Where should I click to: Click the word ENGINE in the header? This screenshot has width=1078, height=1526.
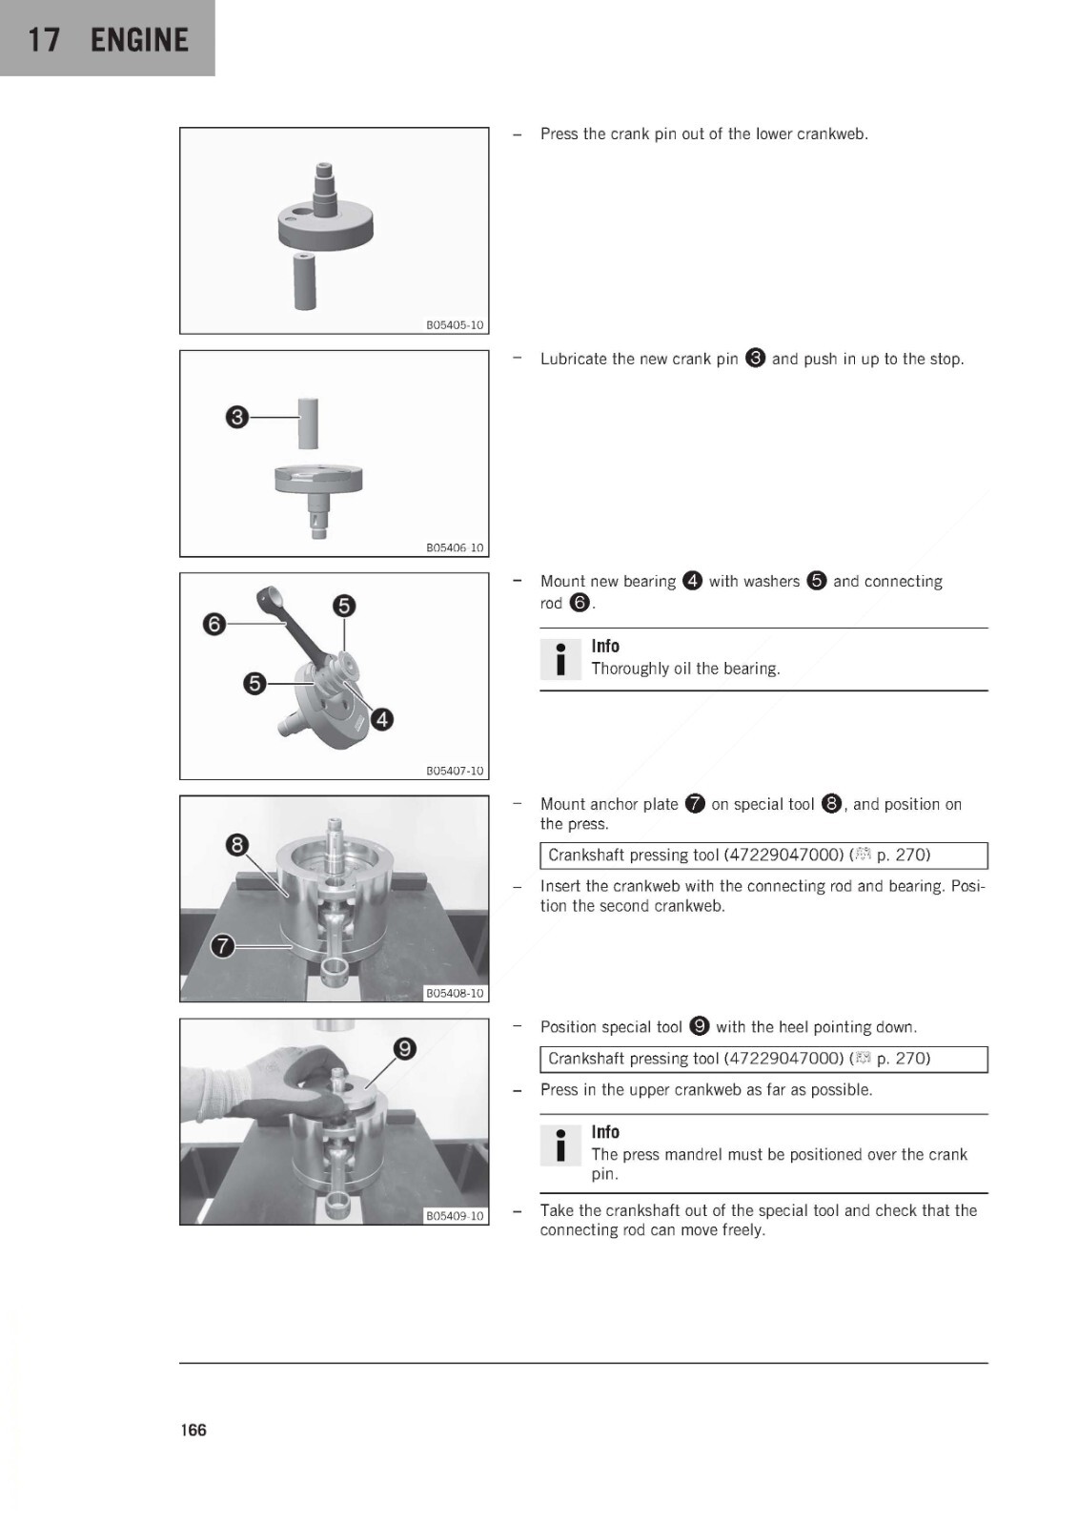pos(139,40)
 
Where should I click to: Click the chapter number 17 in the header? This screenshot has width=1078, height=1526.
pos(44,40)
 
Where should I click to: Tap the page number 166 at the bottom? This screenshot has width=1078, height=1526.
pos(193,1430)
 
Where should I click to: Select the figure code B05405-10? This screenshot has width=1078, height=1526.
pos(455,325)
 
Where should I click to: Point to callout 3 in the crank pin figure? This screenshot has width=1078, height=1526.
pos(236,416)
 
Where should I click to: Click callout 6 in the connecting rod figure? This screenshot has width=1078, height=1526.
pos(214,624)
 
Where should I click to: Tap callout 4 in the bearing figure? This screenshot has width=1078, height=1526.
pos(382,719)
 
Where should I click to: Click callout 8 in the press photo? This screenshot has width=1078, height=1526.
pos(237,845)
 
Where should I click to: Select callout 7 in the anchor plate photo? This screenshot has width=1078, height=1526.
pos(222,945)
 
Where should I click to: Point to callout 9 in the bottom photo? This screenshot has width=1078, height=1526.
pos(404,1048)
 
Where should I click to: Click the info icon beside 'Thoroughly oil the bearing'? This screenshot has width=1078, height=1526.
pos(560,659)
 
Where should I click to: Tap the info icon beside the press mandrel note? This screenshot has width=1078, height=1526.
pos(560,1144)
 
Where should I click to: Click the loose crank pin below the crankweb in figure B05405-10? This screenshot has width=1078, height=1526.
pos(305,280)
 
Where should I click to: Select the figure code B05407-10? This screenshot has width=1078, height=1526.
pos(455,771)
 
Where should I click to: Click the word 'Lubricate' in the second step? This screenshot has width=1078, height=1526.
pos(571,359)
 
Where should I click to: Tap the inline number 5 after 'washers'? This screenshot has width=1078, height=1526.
pos(816,581)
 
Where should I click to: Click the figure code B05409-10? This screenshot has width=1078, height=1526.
pos(455,1216)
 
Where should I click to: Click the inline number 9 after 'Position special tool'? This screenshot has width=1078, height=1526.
pos(699,1026)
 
